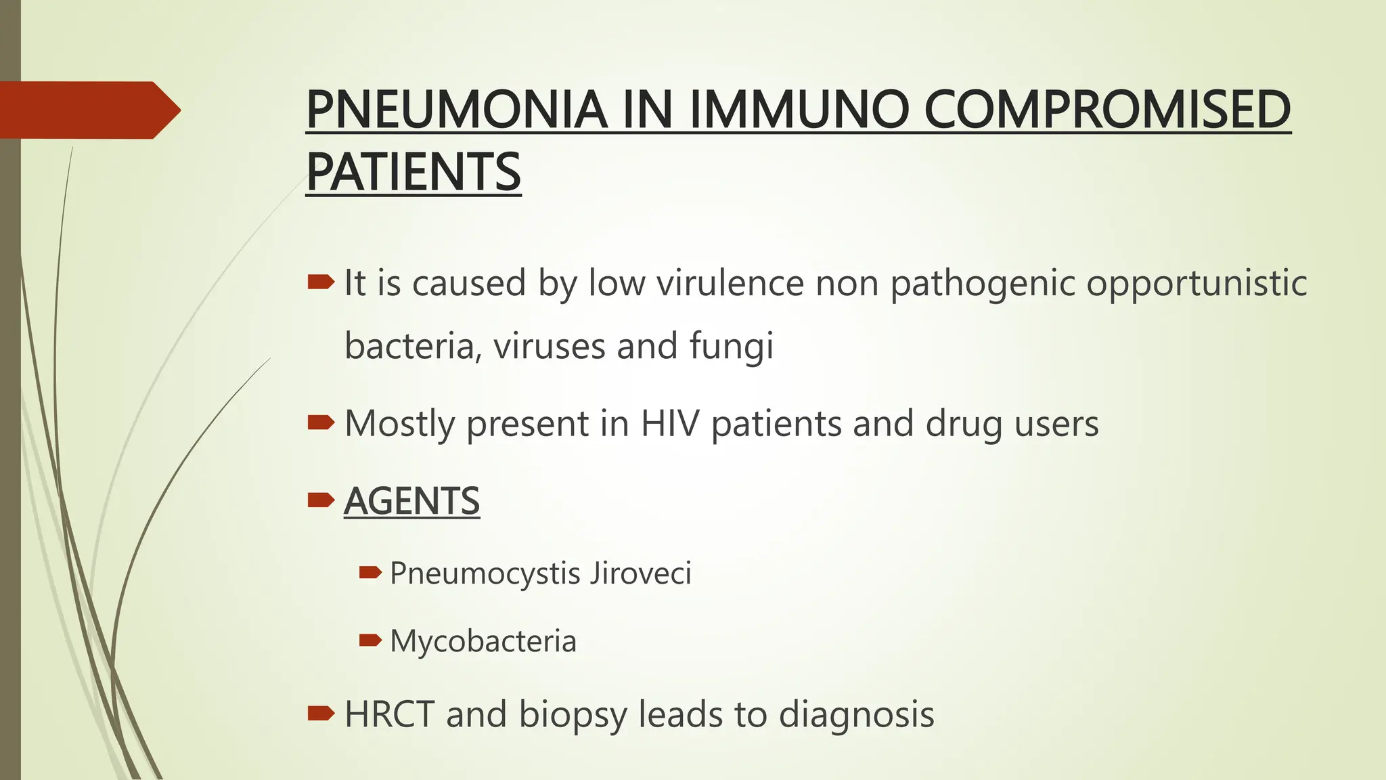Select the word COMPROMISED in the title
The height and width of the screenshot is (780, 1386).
1107,110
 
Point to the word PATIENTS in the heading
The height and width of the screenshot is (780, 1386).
413,172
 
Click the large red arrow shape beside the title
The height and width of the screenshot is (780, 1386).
88,110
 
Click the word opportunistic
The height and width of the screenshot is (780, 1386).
1197,283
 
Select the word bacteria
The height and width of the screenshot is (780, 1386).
413,347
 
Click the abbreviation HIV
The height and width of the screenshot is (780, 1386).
670,424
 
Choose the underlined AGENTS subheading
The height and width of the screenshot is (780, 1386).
411,501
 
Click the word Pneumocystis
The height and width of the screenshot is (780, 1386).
485,574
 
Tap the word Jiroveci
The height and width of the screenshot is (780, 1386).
640,573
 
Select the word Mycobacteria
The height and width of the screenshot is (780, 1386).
483,641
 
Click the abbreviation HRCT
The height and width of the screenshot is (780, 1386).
389,714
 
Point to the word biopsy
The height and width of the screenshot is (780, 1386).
573,716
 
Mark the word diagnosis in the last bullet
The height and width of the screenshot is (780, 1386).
856,715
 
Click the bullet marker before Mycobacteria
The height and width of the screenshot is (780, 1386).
370,640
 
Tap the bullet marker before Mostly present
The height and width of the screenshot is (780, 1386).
320,423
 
